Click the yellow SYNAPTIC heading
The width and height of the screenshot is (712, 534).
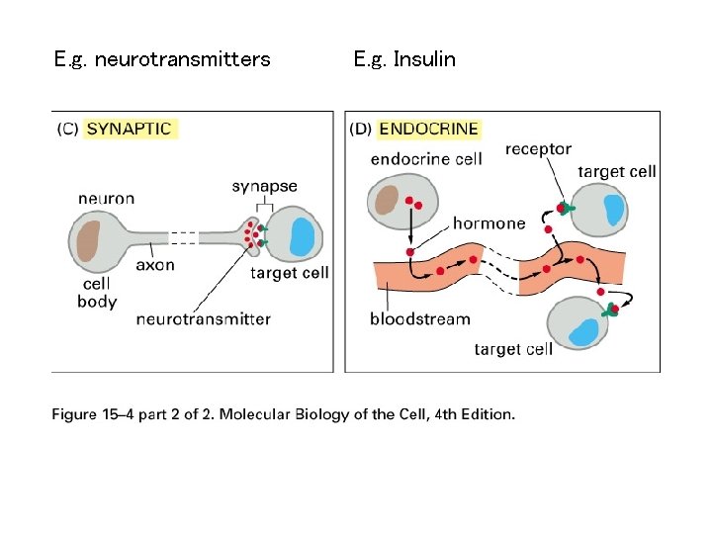130,129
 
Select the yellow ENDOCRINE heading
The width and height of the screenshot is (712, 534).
428,129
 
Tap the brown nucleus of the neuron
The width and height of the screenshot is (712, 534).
89,240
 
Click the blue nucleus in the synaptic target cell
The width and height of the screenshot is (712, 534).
303,236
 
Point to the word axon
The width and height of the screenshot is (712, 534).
155,265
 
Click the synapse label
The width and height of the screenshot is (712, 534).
264,186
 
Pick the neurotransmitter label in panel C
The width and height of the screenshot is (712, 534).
204,319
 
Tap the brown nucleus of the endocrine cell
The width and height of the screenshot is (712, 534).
387,200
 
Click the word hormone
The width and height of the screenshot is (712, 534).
489,223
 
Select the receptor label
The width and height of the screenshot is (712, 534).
538,149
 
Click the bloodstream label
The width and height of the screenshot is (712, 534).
420,318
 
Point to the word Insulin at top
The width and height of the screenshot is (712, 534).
424,59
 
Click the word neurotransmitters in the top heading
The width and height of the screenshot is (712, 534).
183,59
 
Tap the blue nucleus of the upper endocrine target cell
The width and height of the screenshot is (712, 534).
613,210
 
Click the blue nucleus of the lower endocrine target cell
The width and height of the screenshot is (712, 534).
583,333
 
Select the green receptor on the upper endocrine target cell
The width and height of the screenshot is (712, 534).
567,208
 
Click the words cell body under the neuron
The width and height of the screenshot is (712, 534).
97,293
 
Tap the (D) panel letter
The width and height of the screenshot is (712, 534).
360,129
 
